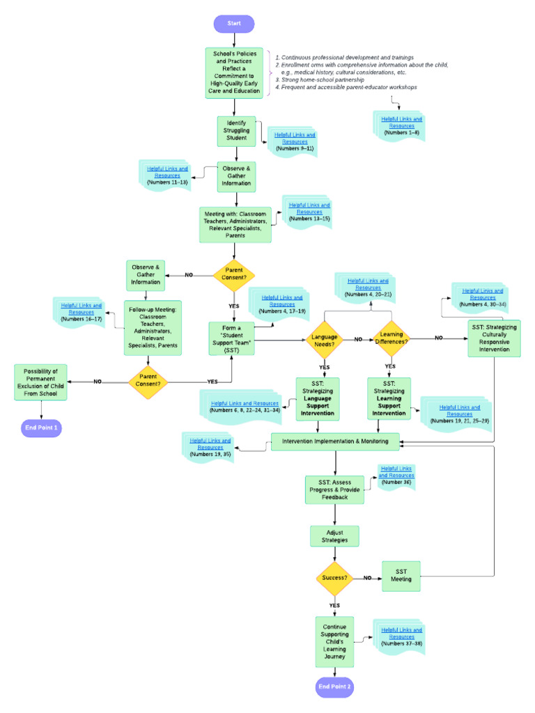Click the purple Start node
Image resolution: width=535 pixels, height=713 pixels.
[234, 23]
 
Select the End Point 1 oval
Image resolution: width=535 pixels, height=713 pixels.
[42, 428]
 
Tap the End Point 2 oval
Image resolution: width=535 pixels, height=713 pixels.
[335, 687]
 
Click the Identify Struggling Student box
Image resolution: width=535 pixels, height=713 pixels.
[236, 130]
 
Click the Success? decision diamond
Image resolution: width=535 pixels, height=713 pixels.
[336, 578]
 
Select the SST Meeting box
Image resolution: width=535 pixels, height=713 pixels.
[401, 576]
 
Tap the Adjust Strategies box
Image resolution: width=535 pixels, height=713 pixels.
[334, 536]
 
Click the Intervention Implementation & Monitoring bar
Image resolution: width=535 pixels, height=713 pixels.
[335, 441]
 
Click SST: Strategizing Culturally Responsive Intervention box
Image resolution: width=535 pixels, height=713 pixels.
[494, 338]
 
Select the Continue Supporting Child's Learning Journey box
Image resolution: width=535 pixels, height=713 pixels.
[334, 641]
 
